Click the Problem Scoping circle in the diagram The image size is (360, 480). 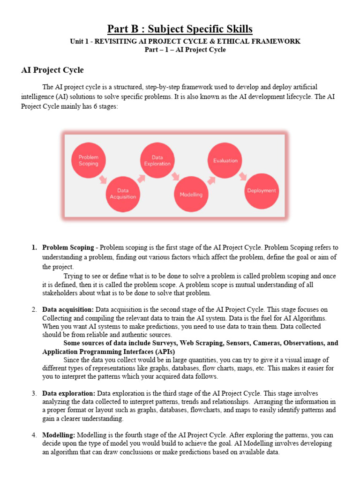click(x=89, y=161)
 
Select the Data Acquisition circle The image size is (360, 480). click(x=123, y=194)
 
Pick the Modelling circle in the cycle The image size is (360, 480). click(x=191, y=194)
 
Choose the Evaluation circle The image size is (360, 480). click(x=225, y=161)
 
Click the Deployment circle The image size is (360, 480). click(x=261, y=191)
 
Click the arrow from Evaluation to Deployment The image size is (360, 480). click(x=242, y=176)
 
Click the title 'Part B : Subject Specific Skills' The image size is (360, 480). click(x=180, y=29)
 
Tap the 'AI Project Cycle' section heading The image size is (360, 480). click(x=52, y=70)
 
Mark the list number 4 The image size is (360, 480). click(x=34, y=435)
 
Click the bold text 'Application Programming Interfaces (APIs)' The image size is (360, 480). click(x=109, y=352)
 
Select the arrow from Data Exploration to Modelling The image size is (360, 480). click(x=175, y=176)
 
